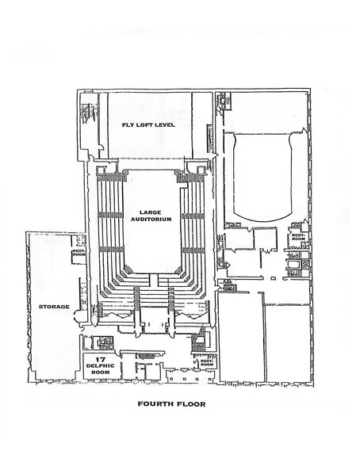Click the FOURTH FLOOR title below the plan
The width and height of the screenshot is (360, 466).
[171, 404]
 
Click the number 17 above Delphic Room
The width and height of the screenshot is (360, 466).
[101, 360]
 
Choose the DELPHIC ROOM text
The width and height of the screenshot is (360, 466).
[101, 371]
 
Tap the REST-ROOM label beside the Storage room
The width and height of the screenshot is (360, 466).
[79, 254]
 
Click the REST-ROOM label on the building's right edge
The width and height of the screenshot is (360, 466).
[298, 237]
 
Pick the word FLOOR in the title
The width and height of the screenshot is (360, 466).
[190, 404]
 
